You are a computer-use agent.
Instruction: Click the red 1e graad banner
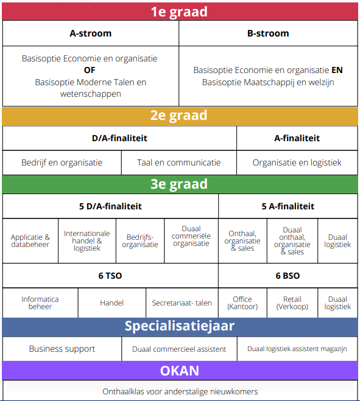(x=180, y=12)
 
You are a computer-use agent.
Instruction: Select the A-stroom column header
(x=91, y=33)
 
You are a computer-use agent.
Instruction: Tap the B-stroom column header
(x=268, y=33)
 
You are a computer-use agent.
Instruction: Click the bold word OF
(x=90, y=70)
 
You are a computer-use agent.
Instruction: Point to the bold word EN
(x=337, y=70)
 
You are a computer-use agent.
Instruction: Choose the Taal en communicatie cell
(x=178, y=162)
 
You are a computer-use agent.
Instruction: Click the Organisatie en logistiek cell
(x=297, y=162)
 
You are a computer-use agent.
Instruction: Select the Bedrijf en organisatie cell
(x=62, y=162)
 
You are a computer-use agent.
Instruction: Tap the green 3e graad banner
(x=180, y=184)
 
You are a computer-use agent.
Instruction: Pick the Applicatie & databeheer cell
(x=30, y=241)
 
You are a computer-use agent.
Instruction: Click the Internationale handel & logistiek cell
(x=87, y=241)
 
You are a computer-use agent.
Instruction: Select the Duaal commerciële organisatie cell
(x=191, y=241)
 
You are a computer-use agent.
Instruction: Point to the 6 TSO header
(x=110, y=276)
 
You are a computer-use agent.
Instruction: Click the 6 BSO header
(x=288, y=276)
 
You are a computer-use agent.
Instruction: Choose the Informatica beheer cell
(x=40, y=303)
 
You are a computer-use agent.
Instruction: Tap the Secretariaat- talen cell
(x=182, y=303)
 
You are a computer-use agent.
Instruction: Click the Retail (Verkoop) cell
(x=292, y=303)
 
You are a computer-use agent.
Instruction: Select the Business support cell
(x=62, y=349)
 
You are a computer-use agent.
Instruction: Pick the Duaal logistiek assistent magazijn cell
(x=297, y=349)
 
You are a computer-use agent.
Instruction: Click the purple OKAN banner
(x=180, y=371)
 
